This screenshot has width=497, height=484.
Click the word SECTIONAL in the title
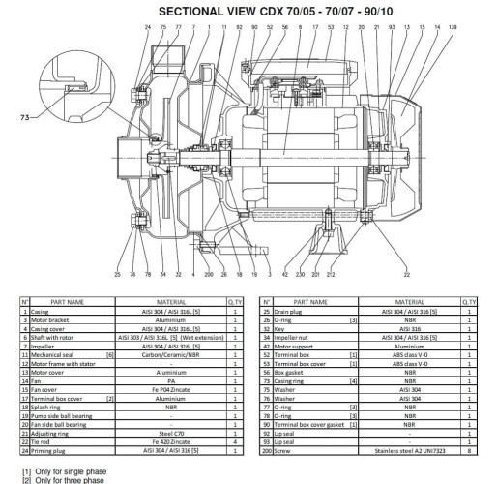(198, 11)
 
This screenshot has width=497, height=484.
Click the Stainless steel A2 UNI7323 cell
(409, 451)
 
